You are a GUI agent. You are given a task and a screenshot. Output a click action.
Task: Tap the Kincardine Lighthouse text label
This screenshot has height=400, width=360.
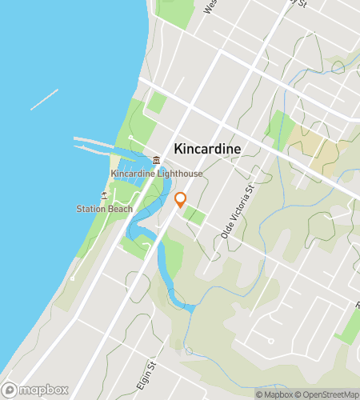click(157, 174)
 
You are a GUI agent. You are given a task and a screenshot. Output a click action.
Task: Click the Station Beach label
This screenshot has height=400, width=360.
click(104, 210)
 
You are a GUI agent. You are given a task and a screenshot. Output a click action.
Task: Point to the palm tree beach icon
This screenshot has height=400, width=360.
click(103, 195)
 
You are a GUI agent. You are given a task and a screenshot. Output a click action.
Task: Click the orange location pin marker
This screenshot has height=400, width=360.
click(181, 199)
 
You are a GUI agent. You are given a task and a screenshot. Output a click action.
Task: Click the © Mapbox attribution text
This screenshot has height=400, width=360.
click(274, 394)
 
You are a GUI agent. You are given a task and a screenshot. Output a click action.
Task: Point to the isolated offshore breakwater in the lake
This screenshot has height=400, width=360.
click(44, 99)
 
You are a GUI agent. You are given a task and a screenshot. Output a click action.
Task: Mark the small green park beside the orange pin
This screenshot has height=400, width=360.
click(194, 214)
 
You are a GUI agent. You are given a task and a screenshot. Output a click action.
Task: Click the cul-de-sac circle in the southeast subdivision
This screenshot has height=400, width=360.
click(271, 340)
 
